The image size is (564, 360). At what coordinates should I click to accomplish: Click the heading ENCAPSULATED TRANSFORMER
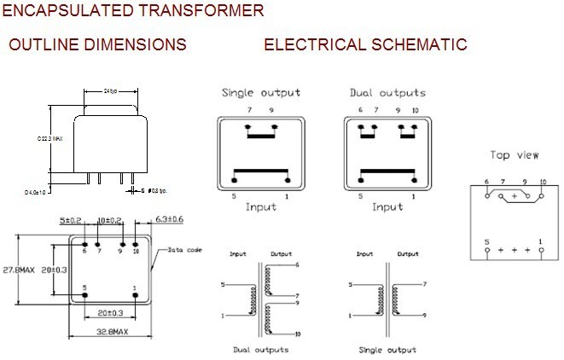[x=133, y=12]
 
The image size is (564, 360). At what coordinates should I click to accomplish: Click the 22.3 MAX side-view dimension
[x=50, y=137]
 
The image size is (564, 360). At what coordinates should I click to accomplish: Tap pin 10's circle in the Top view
[x=542, y=195]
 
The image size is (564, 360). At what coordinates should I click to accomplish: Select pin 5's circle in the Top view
[x=487, y=252]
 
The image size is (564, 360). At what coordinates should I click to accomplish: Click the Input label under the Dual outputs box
[x=387, y=206]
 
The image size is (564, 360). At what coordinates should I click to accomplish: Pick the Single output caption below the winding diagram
[x=387, y=350]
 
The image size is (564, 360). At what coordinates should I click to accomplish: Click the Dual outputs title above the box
[x=387, y=92]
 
